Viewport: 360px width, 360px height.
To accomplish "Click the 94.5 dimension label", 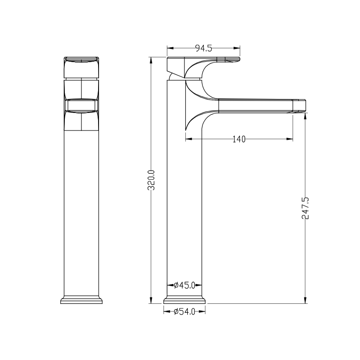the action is tap(203, 48).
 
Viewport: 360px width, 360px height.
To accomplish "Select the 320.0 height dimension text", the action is tap(151, 180).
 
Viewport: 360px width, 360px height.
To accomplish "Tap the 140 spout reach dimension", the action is tap(239, 139).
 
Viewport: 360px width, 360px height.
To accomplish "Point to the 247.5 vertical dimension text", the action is tap(306, 208).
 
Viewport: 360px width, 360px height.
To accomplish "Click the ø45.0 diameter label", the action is tap(184, 285).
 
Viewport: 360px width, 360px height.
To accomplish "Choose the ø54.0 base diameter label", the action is tap(184, 311).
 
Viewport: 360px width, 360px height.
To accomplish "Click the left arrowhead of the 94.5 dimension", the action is tap(170, 48).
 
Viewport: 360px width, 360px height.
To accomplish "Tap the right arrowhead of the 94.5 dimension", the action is tap(237, 48).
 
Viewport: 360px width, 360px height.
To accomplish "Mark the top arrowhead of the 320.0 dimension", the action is tap(151, 60).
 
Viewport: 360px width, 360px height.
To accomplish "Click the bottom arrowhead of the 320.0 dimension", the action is tap(151, 300).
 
